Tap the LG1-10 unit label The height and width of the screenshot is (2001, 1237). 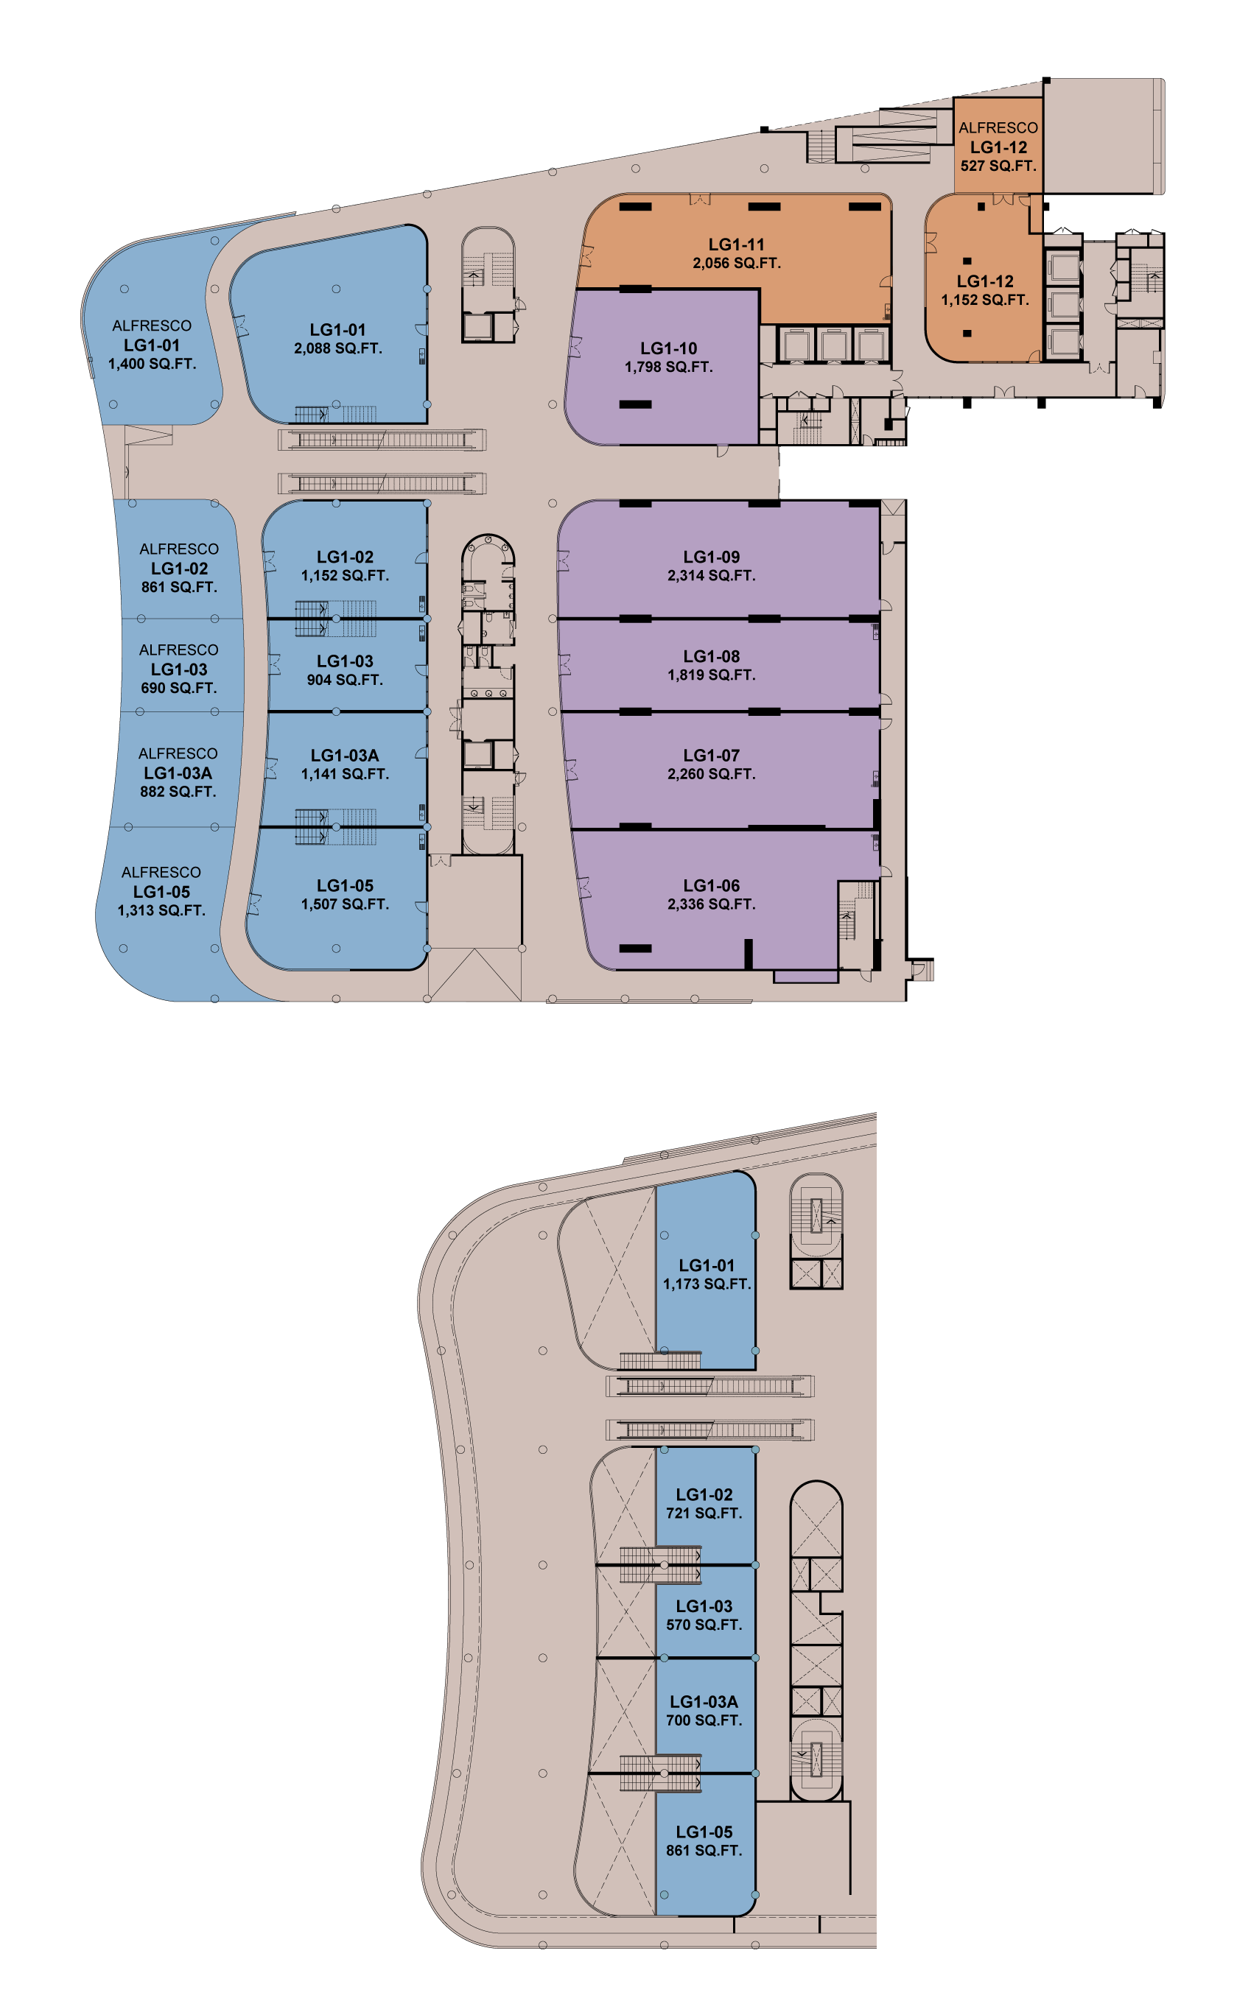[x=668, y=348]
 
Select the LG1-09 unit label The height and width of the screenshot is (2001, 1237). [x=711, y=556]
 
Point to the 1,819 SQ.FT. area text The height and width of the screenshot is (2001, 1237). [x=711, y=675]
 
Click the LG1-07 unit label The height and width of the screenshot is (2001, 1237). [x=711, y=755]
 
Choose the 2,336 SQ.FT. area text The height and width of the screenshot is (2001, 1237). [x=711, y=904]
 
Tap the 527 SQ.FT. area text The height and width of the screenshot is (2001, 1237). [x=998, y=165]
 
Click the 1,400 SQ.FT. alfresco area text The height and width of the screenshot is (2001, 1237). [x=153, y=364]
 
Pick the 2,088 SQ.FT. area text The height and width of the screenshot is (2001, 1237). [x=338, y=348]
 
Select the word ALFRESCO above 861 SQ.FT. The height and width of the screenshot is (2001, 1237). [x=179, y=549]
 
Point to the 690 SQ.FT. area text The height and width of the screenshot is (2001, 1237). [x=178, y=688]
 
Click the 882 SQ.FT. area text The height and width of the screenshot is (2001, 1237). [x=178, y=792]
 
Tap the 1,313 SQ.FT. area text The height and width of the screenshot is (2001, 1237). [x=161, y=910]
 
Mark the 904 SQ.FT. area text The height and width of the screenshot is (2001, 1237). [x=344, y=680]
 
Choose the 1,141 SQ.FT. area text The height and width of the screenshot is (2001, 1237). [x=344, y=773]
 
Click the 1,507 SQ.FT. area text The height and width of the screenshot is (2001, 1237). [x=344, y=904]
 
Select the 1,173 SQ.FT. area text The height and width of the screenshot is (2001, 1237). [x=707, y=1284]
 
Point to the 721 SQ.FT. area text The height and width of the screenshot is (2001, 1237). [x=704, y=1513]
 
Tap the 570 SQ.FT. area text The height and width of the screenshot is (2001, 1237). [x=704, y=1625]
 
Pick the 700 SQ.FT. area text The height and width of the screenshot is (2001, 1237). [x=704, y=1720]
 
